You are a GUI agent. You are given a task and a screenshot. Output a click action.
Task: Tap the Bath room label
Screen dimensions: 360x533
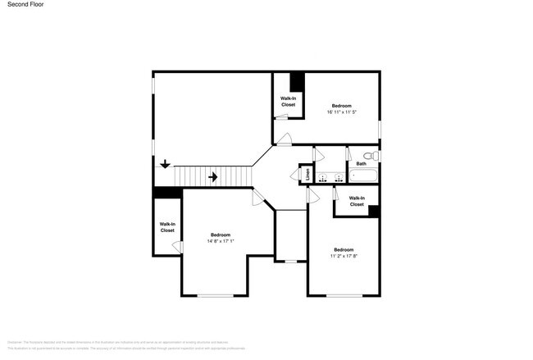pyautogui.click(x=361, y=163)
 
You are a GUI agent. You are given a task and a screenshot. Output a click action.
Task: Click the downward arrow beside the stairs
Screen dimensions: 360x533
pyautogui.click(x=165, y=164)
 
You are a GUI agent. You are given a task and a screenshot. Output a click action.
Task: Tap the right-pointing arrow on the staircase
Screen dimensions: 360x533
pyautogui.click(x=212, y=176)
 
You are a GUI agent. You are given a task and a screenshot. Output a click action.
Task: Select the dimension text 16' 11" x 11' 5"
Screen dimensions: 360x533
pyautogui.click(x=341, y=113)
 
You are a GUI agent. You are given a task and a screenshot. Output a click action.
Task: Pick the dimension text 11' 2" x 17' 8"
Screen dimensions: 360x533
pyautogui.click(x=343, y=256)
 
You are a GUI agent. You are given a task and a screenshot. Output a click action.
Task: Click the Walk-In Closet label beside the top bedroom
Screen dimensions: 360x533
pyautogui.click(x=289, y=101)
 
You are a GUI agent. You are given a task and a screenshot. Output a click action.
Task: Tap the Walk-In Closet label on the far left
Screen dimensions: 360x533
pyautogui.click(x=167, y=227)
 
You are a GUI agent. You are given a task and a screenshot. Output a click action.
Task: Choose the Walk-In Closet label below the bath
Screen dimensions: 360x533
pyautogui.click(x=357, y=201)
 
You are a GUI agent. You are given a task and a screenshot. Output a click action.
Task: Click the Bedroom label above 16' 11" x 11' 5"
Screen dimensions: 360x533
pyautogui.click(x=341, y=106)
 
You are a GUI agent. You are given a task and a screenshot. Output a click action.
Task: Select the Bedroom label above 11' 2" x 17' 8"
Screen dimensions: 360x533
pyautogui.click(x=343, y=249)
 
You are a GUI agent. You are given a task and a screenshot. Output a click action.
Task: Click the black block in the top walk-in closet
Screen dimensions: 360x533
pyautogui.click(x=297, y=81)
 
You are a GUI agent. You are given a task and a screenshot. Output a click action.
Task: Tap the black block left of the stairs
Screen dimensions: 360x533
pyautogui.click(x=167, y=193)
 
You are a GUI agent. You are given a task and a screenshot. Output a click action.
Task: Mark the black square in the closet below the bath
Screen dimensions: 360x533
pyautogui.click(x=373, y=211)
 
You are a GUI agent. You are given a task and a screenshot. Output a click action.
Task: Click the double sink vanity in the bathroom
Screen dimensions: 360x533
pyautogui.click(x=330, y=176)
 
